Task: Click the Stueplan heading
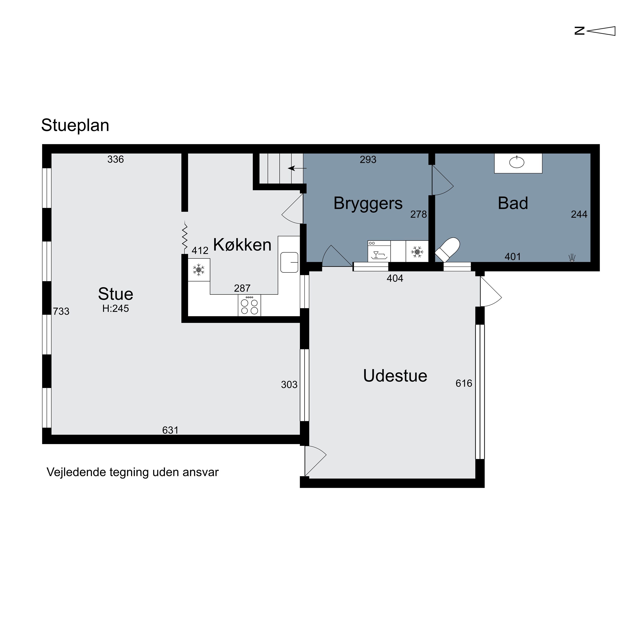click(x=75, y=126)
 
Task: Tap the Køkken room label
click(x=242, y=245)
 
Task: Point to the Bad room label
click(x=513, y=203)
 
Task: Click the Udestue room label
click(x=395, y=376)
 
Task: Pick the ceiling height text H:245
click(x=116, y=308)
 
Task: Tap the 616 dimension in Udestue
click(x=464, y=383)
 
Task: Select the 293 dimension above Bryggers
click(x=368, y=160)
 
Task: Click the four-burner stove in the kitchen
click(x=249, y=305)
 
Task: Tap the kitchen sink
click(x=289, y=262)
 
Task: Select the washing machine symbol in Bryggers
click(x=379, y=251)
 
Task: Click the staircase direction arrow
click(x=297, y=168)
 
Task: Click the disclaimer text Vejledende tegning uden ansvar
click(x=133, y=472)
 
